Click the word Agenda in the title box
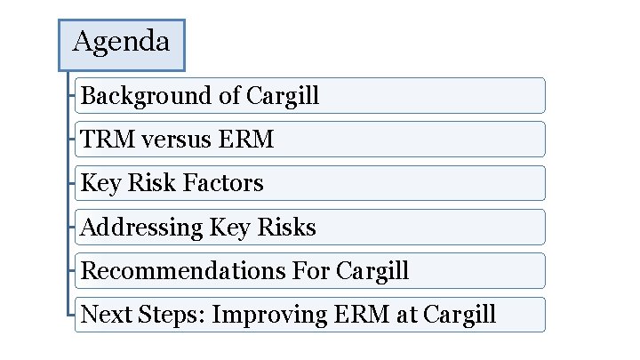click(121, 42)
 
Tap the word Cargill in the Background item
click(283, 96)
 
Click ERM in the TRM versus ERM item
click(249, 140)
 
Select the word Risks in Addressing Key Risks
click(286, 228)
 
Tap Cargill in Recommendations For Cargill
click(372, 271)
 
